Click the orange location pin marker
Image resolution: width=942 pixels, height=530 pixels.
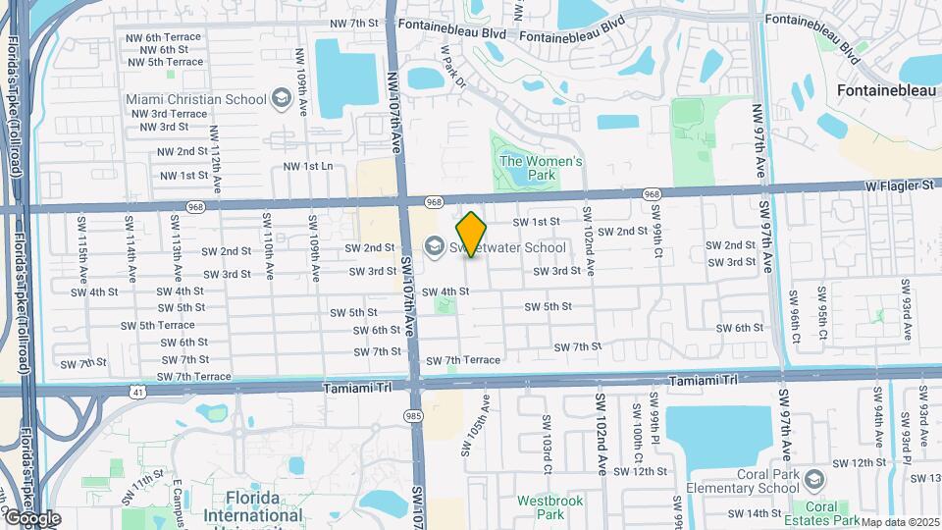[472, 234]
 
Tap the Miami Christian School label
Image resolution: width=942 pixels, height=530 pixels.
[196, 99]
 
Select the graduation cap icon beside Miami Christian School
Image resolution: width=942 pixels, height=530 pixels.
[283, 98]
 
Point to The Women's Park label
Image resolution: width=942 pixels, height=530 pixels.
[542, 168]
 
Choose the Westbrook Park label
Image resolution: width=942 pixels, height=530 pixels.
[550, 506]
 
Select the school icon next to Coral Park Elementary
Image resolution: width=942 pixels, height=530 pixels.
[812, 479]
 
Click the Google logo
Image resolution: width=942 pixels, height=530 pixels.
[31, 518]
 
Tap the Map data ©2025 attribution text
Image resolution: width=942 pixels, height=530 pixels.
[900, 522]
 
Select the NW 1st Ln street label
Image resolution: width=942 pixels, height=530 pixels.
[308, 166]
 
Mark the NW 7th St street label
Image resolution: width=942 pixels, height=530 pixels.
[354, 23]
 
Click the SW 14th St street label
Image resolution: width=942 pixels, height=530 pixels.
[748, 512]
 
